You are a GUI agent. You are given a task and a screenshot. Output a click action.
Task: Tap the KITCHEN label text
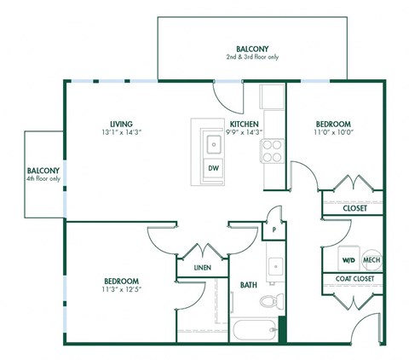point(244,123)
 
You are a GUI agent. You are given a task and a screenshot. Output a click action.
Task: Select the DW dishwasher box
point(213,168)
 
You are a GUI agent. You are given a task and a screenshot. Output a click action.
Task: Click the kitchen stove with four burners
point(273,151)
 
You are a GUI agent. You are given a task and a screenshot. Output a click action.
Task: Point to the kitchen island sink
point(210,143)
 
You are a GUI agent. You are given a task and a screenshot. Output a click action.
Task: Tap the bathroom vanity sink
point(274,267)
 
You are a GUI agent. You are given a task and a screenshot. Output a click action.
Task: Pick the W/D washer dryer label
point(348,259)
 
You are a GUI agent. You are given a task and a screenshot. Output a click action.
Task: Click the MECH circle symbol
point(372,259)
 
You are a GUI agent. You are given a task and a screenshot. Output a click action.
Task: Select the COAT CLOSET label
point(353,279)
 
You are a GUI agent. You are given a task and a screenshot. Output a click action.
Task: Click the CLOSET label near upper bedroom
point(354,207)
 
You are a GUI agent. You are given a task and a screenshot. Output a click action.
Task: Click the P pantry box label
point(274,229)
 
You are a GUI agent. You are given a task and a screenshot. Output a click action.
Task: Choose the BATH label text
point(249,285)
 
